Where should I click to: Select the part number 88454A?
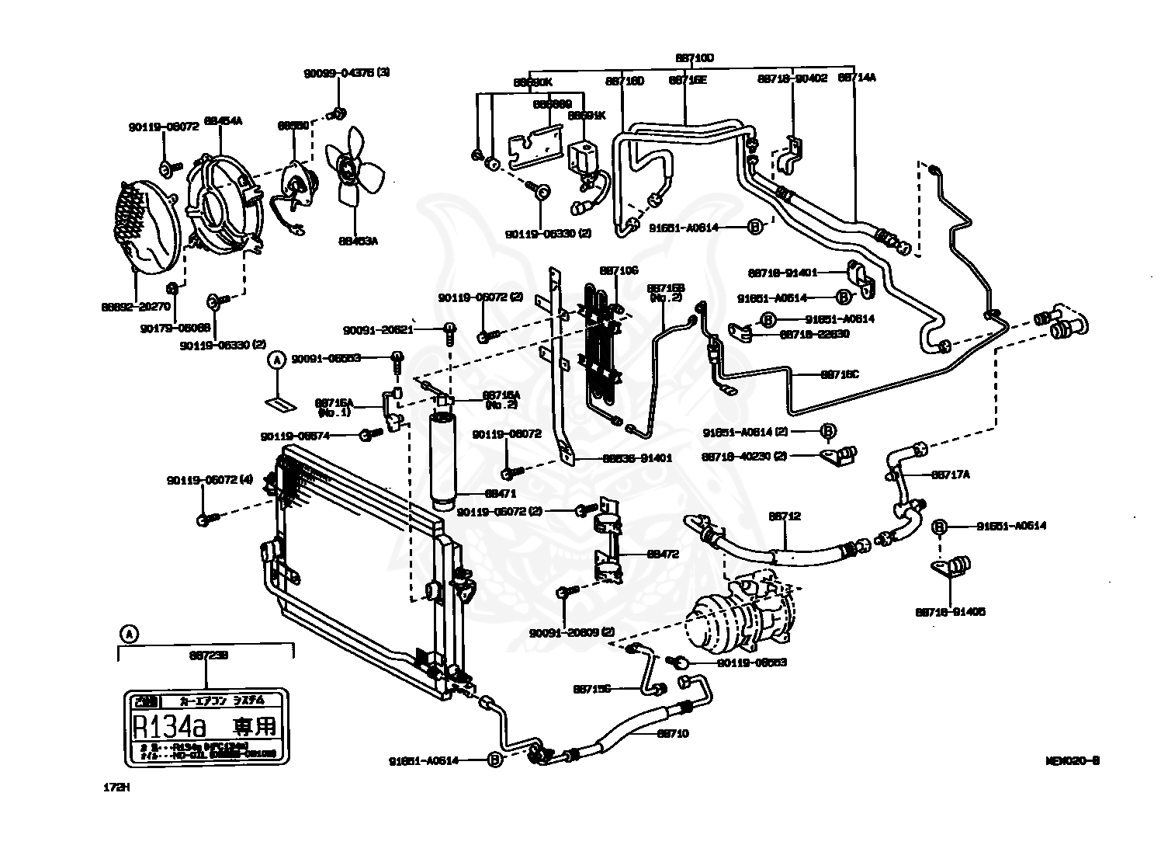(x=223, y=120)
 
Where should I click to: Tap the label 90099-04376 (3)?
(x=346, y=72)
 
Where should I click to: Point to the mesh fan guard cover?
(x=148, y=226)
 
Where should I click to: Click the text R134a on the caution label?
(x=169, y=728)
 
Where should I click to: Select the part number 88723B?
(x=207, y=655)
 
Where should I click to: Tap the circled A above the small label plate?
(x=276, y=360)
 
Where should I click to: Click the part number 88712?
(x=785, y=516)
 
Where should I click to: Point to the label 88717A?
(x=950, y=474)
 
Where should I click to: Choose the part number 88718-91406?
(x=950, y=612)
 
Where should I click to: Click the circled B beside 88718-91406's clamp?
(x=938, y=527)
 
